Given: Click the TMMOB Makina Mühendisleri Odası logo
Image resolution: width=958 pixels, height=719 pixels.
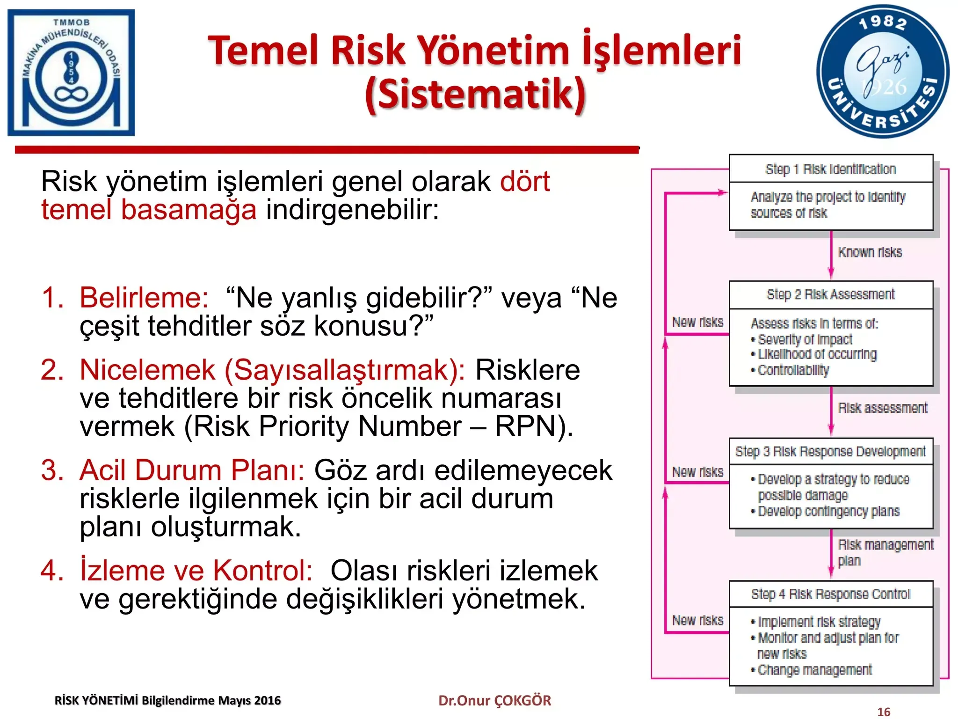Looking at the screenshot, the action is (71, 73).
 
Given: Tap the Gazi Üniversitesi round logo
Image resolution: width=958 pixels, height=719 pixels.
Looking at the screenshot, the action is (883, 72).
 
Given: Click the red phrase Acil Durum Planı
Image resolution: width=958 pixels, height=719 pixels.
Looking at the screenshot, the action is (192, 470).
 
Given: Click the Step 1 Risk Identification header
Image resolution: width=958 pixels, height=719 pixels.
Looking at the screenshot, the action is (831, 169).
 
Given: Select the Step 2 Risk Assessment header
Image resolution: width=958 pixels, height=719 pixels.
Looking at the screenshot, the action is (831, 294).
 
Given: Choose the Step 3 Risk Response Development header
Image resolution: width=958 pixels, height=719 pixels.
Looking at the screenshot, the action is (831, 451).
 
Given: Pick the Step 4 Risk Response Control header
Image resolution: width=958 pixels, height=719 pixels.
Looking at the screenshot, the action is (831, 594).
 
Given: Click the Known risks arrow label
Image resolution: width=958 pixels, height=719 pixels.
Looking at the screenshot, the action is (870, 252).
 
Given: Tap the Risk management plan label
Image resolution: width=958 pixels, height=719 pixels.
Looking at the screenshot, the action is (885, 552).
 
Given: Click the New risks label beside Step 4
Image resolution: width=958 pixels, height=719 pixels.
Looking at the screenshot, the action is (697, 620).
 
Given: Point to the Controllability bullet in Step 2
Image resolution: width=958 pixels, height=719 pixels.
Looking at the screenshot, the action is (793, 370).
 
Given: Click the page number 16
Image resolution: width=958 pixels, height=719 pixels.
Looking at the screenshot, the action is (884, 712).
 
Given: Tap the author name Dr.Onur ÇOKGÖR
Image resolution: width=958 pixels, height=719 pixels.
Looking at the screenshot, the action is (494, 700).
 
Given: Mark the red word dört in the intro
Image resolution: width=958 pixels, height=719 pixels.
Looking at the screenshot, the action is (525, 181).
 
